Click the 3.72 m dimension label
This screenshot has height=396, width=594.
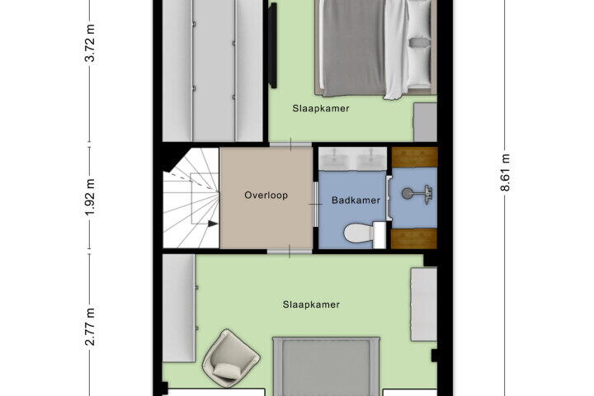pyautogui.click(x=90, y=43)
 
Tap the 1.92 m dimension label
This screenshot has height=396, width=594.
pyautogui.click(x=90, y=197)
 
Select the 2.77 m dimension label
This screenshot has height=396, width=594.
pyautogui.click(x=90, y=327)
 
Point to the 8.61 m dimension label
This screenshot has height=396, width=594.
pyautogui.click(x=506, y=172)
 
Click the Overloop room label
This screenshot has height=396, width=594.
pyautogui.click(x=266, y=196)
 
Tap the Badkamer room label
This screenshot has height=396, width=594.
pyautogui.click(x=356, y=200)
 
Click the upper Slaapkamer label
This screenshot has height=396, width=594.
pyautogui.click(x=321, y=108)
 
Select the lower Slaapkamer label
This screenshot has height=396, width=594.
pyautogui.click(x=311, y=304)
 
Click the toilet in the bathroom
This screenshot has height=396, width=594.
pyautogui.click(x=365, y=234)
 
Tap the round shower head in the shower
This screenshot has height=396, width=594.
pyautogui.click(x=408, y=194)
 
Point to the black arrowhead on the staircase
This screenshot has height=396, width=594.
pyautogui.click(x=213, y=224)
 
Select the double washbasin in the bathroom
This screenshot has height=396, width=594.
pyautogui.click(x=352, y=159)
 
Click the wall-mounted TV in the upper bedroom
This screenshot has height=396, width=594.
pyautogui.click(x=272, y=45)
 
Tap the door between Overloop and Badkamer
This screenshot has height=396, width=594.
pyautogui.click(x=315, y=205)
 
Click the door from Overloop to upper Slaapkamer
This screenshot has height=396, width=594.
pyautogui.click(x=290, y=144)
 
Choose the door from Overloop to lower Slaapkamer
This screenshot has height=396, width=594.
pyautogui.click(x=289, y=252)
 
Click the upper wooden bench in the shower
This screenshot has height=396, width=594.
pyautogui.click(x=414, y=158)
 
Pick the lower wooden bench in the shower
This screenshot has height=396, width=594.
pyautogui.click(x=414, y=238)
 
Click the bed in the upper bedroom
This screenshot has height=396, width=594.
pyautogui.click(x=375, y=47)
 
